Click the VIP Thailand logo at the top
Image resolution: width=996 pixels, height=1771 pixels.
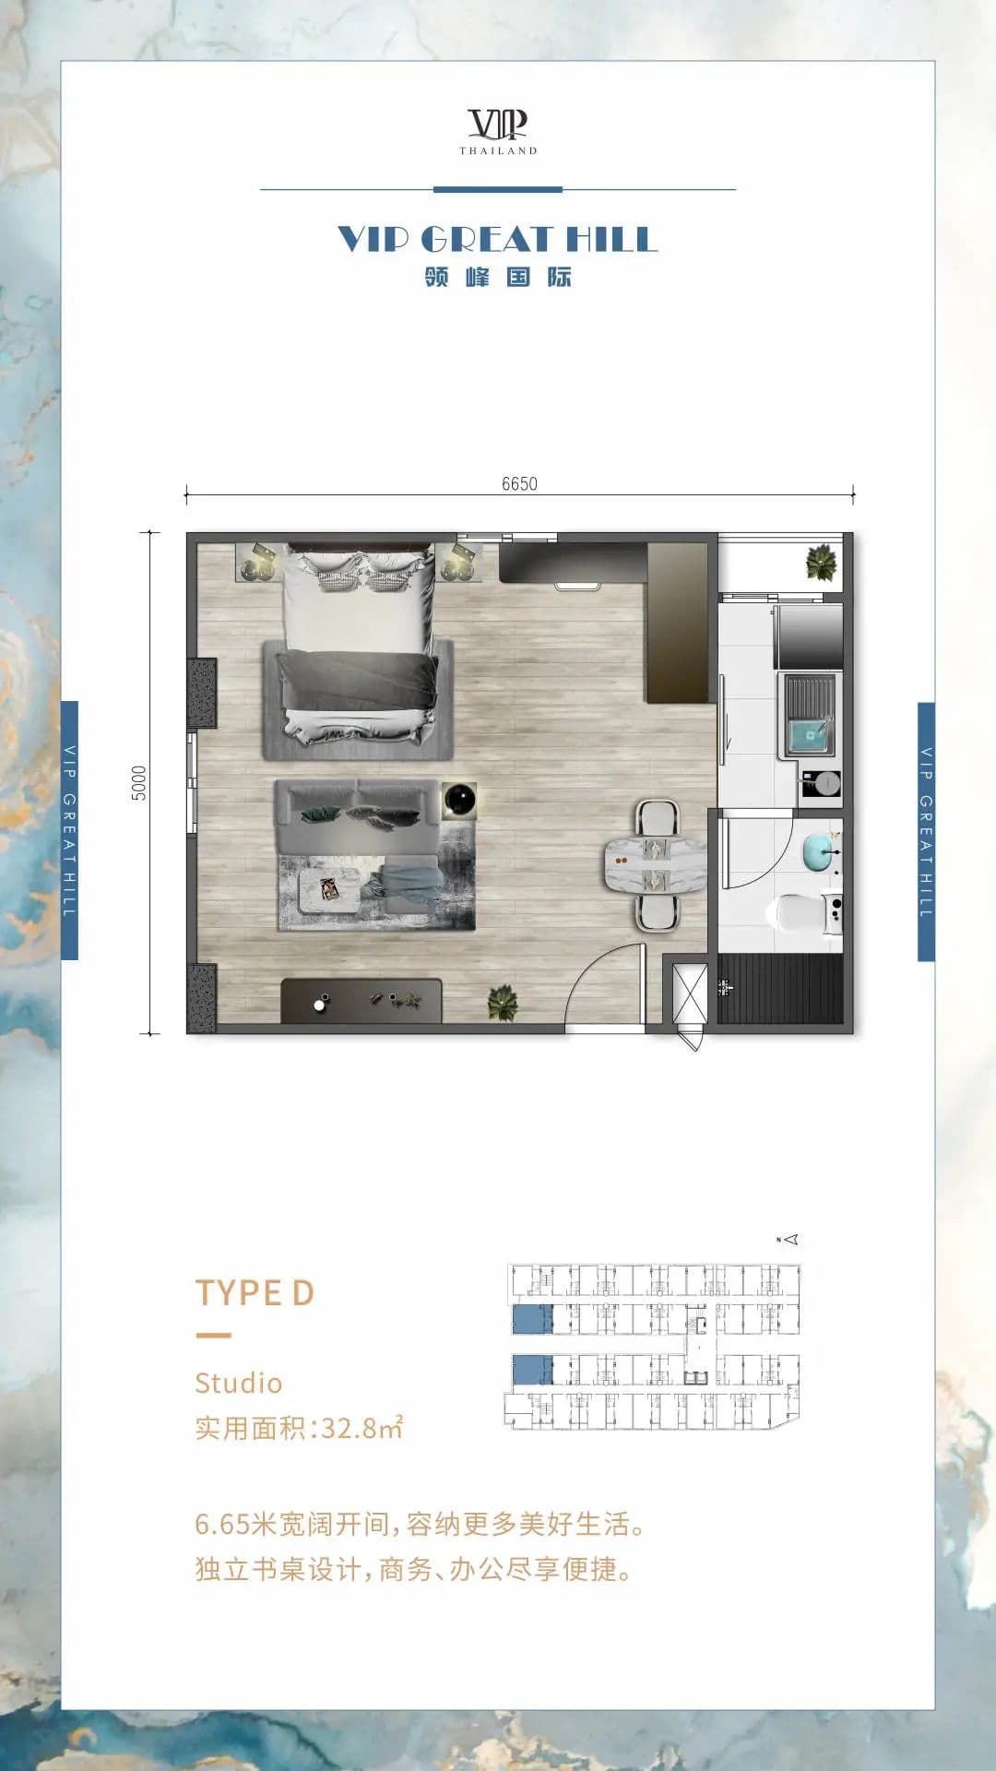(x=498, y=131)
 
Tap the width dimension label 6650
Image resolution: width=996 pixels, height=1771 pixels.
(x=519, y=484)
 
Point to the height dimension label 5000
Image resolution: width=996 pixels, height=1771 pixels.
(x=139, y=783)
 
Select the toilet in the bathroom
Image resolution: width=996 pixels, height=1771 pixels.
(x=802, y=912)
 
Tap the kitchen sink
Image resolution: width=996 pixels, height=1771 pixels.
(x=810, y=716)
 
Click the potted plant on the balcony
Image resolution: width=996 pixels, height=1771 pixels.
(x=820, y=563)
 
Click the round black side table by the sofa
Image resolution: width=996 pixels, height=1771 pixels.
(x=459, y=800)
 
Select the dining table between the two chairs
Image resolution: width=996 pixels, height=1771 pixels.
(x=655, y=865)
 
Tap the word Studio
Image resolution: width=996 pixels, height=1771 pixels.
(x=238, y=1383)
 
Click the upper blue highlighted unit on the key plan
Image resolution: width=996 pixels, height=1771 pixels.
(x=532, y=1319)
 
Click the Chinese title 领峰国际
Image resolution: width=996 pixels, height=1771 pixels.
(x=498, y=277)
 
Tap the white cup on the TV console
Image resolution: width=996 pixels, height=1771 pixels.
(x=319, y=1004)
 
